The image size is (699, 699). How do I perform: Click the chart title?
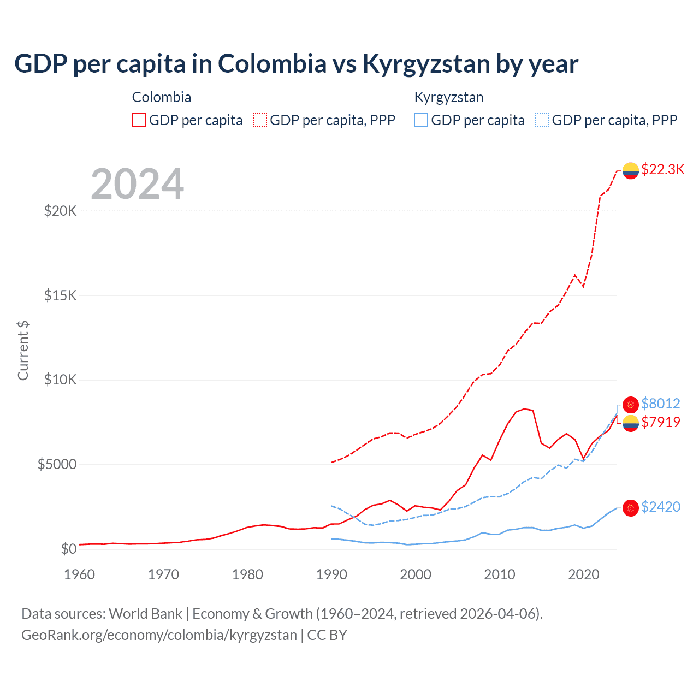296,64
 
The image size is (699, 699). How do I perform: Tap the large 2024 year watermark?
137,184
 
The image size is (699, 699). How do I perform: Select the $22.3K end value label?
662,169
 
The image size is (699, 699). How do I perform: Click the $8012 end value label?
660,404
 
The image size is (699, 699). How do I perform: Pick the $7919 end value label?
660,422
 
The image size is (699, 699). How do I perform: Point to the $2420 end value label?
660,507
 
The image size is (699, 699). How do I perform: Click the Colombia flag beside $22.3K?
631,170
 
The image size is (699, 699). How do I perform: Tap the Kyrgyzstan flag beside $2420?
631,508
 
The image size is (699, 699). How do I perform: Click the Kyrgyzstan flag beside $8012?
631,405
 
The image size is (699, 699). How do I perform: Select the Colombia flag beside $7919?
631,423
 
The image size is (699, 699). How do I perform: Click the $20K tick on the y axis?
60,211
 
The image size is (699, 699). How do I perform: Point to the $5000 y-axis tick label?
57,465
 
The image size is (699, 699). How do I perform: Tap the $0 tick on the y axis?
68,549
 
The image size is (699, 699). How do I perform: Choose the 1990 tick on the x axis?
331,574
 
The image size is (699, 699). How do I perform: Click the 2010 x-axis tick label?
500,574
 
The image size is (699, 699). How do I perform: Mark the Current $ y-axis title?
23,351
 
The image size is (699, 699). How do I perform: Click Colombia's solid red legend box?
139,120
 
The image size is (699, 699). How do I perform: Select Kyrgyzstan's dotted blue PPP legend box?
542,120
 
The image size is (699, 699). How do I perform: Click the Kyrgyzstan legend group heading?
449,98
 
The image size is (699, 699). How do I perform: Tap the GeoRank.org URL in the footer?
159,635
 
